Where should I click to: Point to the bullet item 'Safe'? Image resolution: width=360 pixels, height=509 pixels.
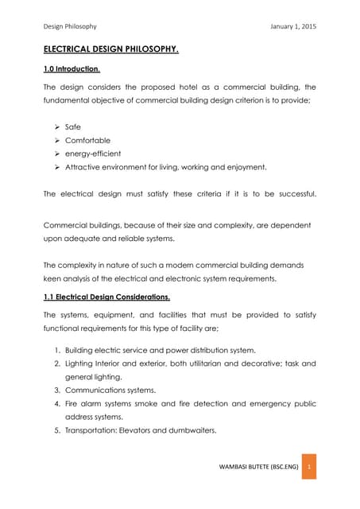click(86, 126)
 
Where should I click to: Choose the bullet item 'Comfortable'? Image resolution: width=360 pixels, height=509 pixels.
click(99, 140)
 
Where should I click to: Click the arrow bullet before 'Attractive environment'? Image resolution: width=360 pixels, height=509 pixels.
click(59, 168)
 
